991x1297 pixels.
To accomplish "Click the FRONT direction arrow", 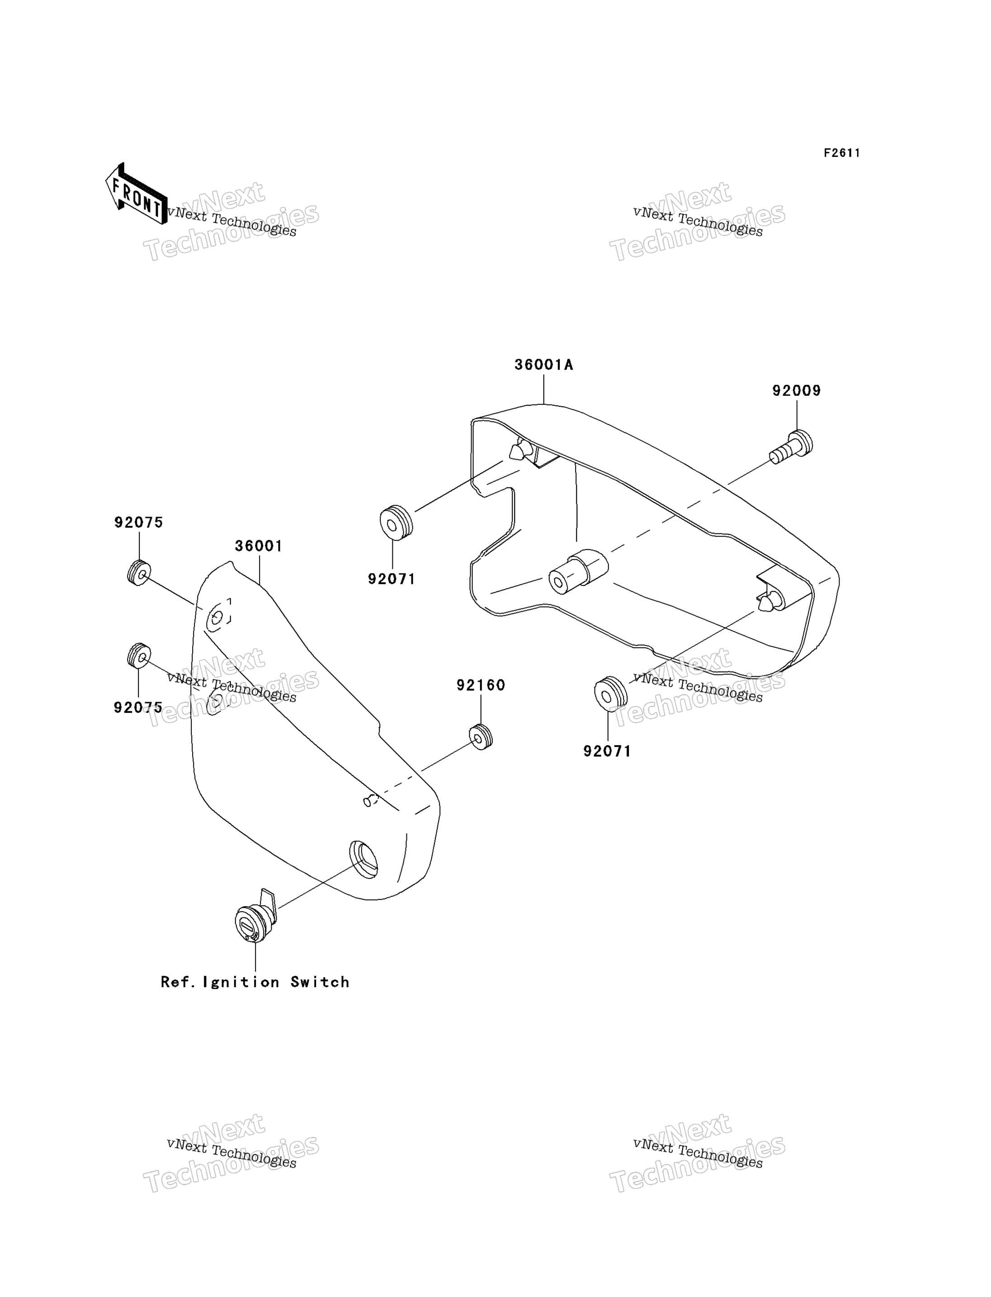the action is pyautogui.click(x=136, y=194).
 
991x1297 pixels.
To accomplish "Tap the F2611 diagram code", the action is pyautogui.click(x=842, y=153).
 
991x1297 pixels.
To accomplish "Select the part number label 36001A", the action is pyautogui.click(x=543, y=365).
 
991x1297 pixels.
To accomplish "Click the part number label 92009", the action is pyautogui.click(x=796, y=391).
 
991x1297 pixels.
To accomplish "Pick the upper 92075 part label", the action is pyautogui.click(x=139, y=523).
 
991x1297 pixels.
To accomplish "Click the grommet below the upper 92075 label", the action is pyautogui.click(x=139, y=573).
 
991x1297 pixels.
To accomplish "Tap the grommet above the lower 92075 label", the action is pyautogui.click(x=139, y=656).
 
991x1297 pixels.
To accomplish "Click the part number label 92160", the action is pyautogui.click(x=481, y=685).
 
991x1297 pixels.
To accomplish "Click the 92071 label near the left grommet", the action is pyautogui.click(x=392, y=579).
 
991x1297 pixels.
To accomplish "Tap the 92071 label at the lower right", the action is pyautogui.click(x=607, y=751).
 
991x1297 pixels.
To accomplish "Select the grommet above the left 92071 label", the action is pyautogui.click(x=396, y=523).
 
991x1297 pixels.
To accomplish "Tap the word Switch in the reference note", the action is pyautogui.click(x=320, y=982).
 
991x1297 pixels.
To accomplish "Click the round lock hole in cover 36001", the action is pyautogui.click(x=364, y=859).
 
